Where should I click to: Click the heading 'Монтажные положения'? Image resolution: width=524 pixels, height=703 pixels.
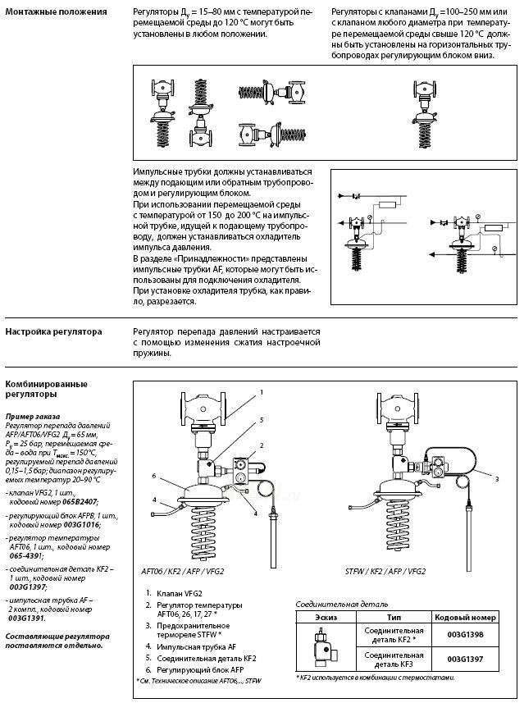click(x=56, y=12)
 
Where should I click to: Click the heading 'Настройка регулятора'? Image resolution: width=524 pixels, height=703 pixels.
click(x=54, y=332)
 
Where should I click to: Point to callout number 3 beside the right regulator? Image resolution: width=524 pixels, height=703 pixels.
click(x=497, y=478)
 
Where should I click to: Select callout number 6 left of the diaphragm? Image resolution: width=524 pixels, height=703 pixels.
click(x=154, y=476)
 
